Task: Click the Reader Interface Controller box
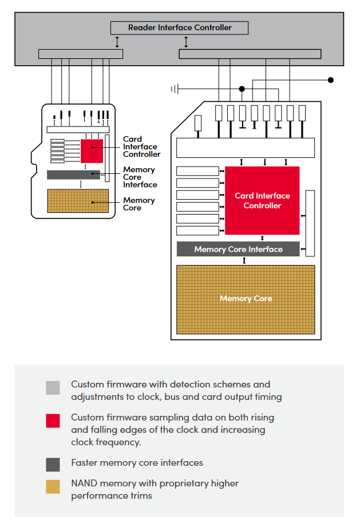179,27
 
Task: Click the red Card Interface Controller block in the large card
262,200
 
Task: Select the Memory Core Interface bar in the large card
238,249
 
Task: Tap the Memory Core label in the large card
246,299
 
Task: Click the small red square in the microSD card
92,150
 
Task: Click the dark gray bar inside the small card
73,175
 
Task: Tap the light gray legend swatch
53,388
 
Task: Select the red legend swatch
53,421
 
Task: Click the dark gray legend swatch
53,465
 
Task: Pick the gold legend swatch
53,487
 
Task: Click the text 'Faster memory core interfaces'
137,462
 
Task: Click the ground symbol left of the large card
175,89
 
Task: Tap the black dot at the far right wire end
331,80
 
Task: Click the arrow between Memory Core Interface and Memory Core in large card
244,260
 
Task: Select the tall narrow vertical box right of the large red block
310,223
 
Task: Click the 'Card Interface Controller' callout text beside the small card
141,146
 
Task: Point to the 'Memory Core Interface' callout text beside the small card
139,177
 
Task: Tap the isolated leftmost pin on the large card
199,123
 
